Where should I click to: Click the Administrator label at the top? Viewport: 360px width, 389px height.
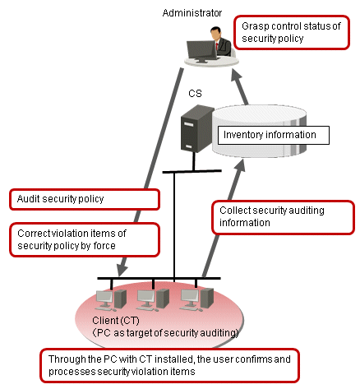(192, 13)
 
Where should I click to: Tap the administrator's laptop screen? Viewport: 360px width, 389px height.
(201, 49)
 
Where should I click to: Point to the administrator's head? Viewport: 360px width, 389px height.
(215, 32)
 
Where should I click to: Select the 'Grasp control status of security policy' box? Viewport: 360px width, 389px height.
(292, 32)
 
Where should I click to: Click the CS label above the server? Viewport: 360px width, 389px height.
(195, 94)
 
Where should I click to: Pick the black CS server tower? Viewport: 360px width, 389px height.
(196, 128)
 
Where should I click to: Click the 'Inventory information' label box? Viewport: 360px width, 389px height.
(273, 135)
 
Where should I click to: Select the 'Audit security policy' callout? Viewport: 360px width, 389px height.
(85, 199)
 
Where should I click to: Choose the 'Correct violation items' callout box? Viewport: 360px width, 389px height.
(85, 239)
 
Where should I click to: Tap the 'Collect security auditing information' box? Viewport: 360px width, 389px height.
(283, 217)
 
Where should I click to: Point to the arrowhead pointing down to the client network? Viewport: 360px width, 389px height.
(122, 270)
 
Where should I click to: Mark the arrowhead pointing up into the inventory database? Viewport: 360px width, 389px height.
(240, 164)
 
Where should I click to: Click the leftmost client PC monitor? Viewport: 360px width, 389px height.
(104, 298)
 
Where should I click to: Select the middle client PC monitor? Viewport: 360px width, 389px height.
(145, 298)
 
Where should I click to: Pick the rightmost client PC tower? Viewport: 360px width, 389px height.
(207, 299)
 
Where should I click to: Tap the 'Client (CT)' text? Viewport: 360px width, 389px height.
(116, 321)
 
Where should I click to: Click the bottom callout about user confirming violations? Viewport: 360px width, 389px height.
(169, 365)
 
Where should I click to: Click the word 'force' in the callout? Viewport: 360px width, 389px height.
(104, 246)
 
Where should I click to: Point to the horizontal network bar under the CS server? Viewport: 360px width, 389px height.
(192, 171)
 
